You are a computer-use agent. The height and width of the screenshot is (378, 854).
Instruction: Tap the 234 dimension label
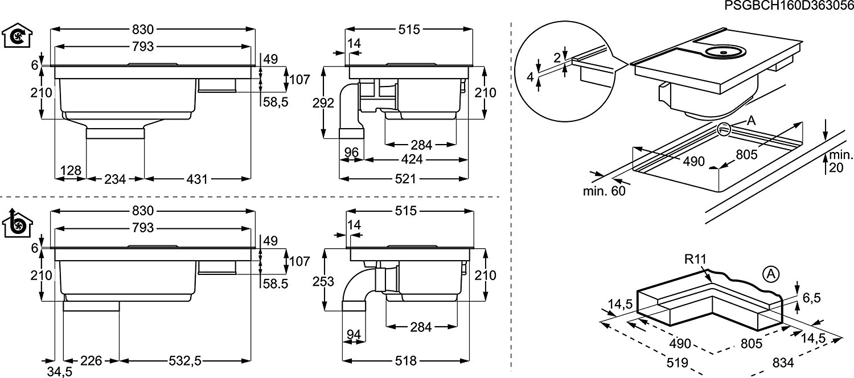[114, 179]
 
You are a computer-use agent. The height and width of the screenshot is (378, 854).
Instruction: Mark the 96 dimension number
[351, 152]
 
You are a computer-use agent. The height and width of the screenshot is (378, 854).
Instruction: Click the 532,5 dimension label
[185, 360]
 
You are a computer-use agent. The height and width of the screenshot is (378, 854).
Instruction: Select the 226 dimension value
[91, 360]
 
